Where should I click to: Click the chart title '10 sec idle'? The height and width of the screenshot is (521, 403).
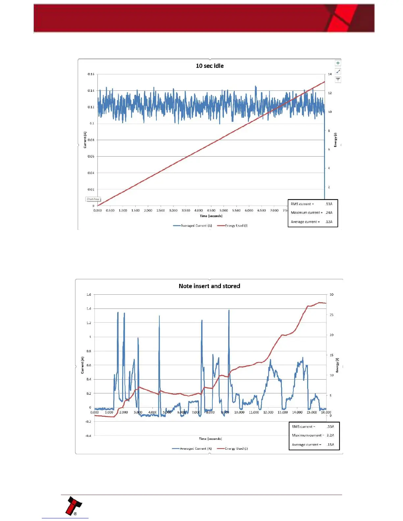click(x=210, y=66)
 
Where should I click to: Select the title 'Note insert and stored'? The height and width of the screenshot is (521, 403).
click(x=209, y=286)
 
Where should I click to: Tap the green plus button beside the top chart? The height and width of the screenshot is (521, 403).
click(x=338, y=63)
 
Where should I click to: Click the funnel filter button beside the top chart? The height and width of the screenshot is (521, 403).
click(x=338, y=80)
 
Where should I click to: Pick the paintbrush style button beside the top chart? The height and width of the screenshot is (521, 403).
click(x=338, y=71)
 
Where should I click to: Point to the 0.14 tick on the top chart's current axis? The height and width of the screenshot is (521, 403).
click(x=91, y=90)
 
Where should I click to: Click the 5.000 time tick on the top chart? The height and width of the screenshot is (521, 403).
click(x=224, y=211)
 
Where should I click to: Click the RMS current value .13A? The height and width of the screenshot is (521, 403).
click(x=329, y=204)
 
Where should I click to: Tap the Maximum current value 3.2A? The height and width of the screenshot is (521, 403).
click(x=330, y=435)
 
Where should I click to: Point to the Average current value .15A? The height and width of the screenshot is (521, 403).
click(x=330, y=444)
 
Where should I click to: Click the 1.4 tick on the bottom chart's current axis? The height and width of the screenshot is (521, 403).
click(x=89, y=309)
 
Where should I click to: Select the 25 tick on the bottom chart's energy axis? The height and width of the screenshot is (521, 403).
click(x=331, y=315)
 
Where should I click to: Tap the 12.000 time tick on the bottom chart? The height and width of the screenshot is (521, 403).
click(x=268, y=412)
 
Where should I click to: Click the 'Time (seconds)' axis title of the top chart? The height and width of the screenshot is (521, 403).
click(x=211, y=216)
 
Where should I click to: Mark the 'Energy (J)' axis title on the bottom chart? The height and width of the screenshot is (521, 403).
click(x=337, y=365)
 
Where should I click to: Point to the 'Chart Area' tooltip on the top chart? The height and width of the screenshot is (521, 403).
click(x=93, y=199)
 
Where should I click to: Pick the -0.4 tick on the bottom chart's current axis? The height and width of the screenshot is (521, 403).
click(x=88, y=436)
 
